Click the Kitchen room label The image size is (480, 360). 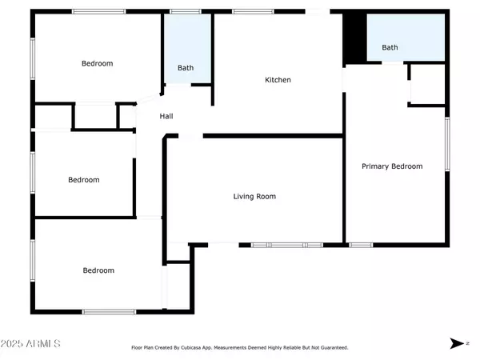278,80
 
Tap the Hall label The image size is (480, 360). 166,116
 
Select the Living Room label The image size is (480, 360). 254,196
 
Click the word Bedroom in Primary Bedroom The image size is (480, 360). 407,166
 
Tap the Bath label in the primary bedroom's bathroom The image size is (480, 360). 390,47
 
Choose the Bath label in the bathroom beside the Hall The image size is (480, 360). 186,68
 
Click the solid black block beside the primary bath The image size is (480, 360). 354,38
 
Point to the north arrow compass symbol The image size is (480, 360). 457,343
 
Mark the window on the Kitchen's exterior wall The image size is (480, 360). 253,12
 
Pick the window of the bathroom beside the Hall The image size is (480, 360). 186,12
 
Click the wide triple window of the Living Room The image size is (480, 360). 287,245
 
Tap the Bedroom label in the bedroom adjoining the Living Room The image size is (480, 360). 98,270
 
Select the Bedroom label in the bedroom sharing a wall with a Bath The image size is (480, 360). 97,63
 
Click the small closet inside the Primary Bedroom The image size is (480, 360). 428,84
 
